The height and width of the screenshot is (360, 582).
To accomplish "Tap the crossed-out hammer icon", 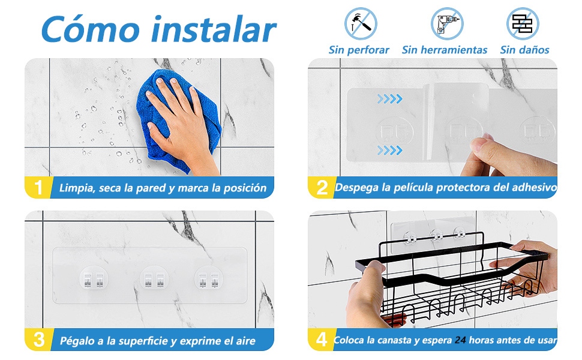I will coord(361,23).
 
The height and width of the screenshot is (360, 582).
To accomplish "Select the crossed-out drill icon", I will coord(447,23).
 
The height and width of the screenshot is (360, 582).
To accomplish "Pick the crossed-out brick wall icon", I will coord(523,23).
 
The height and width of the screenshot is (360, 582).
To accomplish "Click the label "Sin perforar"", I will coord(359,50).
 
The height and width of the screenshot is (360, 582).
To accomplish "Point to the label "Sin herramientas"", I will coord(445,50).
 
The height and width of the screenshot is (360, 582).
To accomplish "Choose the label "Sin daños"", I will coord(524,50).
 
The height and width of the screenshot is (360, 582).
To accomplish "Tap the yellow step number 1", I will coord(39,188).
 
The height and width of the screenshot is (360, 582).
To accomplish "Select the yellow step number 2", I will coord(322,188).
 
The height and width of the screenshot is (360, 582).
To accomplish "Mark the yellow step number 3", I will coord(39,340).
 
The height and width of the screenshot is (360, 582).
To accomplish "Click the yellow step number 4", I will coord(322,340).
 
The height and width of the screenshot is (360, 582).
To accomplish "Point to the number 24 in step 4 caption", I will coord(460,340).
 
